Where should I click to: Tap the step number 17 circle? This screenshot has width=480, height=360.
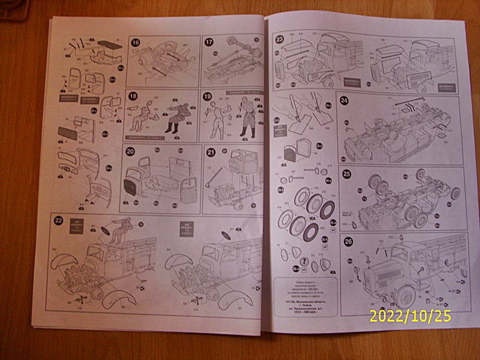209,42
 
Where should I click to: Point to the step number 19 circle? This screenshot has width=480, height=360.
208,96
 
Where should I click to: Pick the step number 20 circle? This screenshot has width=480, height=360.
131,152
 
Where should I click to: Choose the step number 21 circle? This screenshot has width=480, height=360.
210,152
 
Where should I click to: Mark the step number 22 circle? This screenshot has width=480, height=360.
58,220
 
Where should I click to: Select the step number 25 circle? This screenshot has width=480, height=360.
347,175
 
